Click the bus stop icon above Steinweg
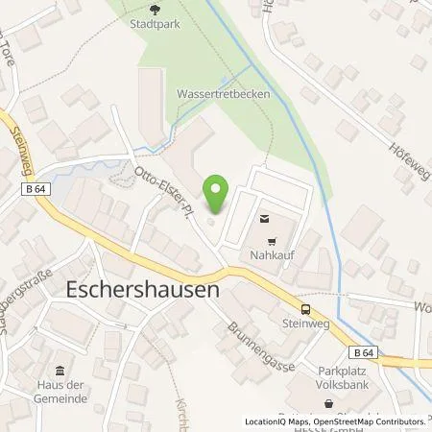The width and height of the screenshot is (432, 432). [305, 309]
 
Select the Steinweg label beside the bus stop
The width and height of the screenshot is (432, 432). [305, 324]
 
